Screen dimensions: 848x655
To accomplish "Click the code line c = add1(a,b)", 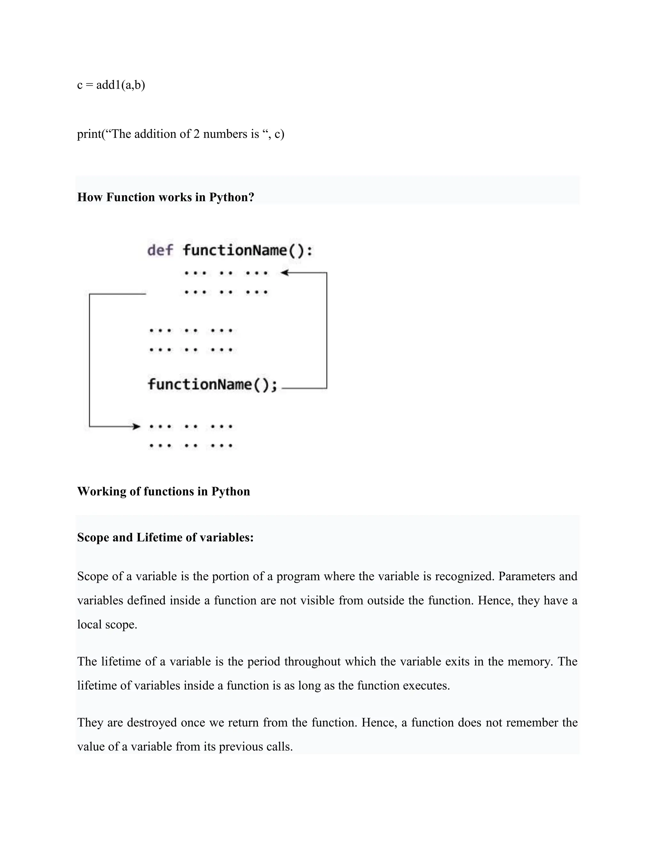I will click(x=111, y=85).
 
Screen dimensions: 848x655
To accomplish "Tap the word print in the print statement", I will click(x=89, y=134).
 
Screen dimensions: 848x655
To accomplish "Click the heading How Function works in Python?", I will click(x=166, y=197).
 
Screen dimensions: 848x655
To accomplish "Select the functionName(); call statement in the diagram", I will click(x=213, y=385).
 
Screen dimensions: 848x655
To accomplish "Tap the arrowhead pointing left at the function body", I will click(x=284, y=273).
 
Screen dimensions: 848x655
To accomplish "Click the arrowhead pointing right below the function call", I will click(x=136, y=427).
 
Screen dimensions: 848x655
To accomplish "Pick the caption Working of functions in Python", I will click(x=163, y=492).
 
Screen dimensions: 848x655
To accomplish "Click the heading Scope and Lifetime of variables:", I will click(x=165, y=537).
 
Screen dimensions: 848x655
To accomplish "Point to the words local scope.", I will click(x=107, y=625).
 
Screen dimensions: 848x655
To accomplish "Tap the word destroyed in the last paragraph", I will click(x=153, y=723).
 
